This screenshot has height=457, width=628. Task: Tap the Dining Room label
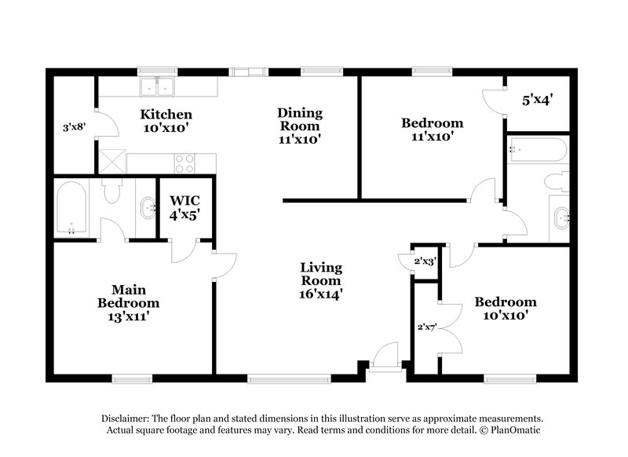pyautogui.click(x=299, y=126)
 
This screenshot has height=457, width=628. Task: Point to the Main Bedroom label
pyautogui.click(x=128, y=303)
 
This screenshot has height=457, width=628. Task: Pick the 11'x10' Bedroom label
pyautogui.click(x=432, y=130)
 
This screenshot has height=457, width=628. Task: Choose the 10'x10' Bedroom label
pyautogui.click(x=505, y=309)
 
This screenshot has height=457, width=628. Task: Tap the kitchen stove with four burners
pyautogui.click(x=184, y=163)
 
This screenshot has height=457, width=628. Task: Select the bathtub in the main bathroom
pyautogui.click(x=71, y=208)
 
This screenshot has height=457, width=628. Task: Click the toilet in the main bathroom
pyautogui.click(x=111, y=190)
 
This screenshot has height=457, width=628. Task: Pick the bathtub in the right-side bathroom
pyautogui.click(x=537, y=148)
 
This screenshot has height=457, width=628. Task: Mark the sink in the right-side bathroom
pyautogui.click(x=561, y=218)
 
